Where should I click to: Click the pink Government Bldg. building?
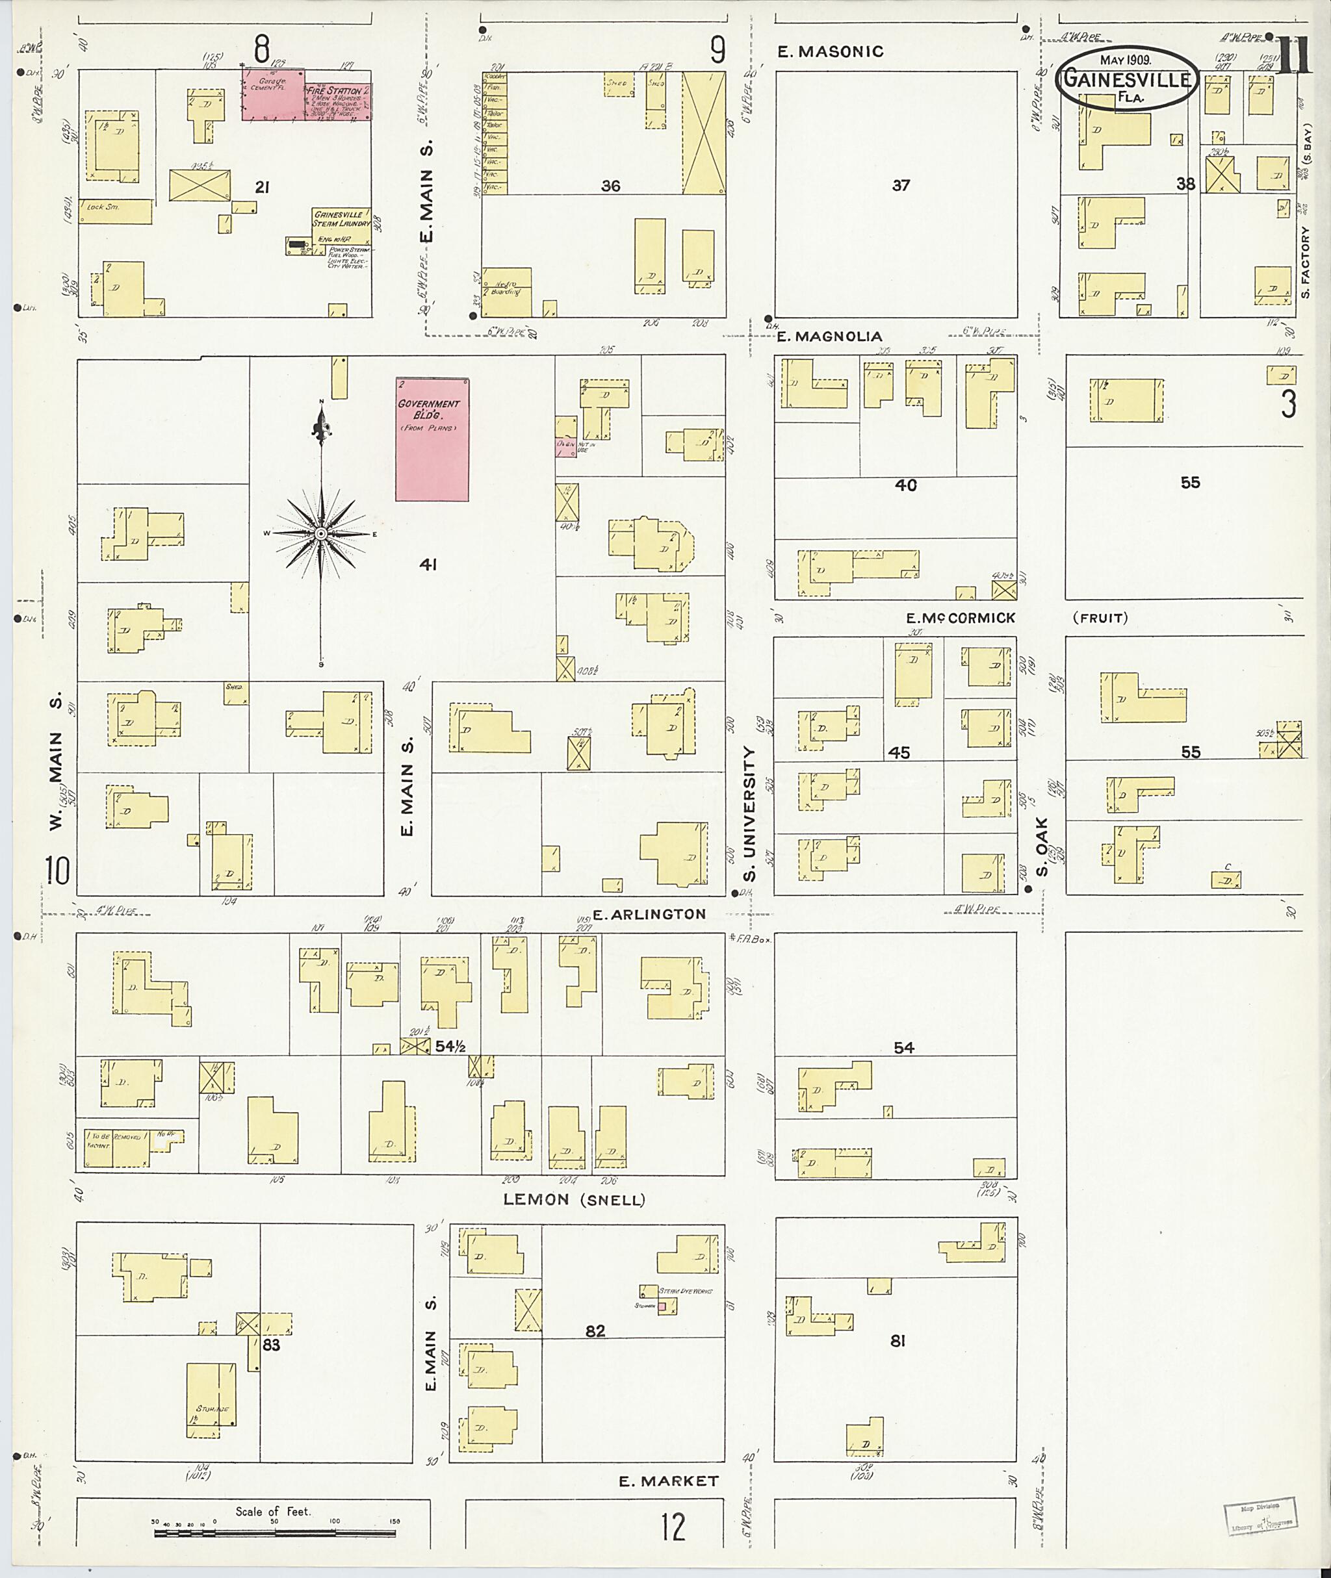pos(432,439)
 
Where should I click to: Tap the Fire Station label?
pos(333,90)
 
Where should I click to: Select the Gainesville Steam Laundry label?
pos(342,220)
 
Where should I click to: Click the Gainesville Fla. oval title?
pos(1126,79)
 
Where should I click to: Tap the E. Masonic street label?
pos(831,51)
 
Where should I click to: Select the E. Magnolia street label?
pos(829,337)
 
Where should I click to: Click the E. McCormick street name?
pos(961,618)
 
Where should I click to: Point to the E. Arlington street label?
pos(648,914)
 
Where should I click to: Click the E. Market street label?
pos(669,1481)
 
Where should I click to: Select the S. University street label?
pos(749,813)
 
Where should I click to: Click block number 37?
pos(901,185)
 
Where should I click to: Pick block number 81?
pos(897,1340)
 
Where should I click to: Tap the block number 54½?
pos(450,1046)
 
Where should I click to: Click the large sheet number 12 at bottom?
pos(673,1527)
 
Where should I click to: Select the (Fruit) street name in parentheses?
pos(1100,618)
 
